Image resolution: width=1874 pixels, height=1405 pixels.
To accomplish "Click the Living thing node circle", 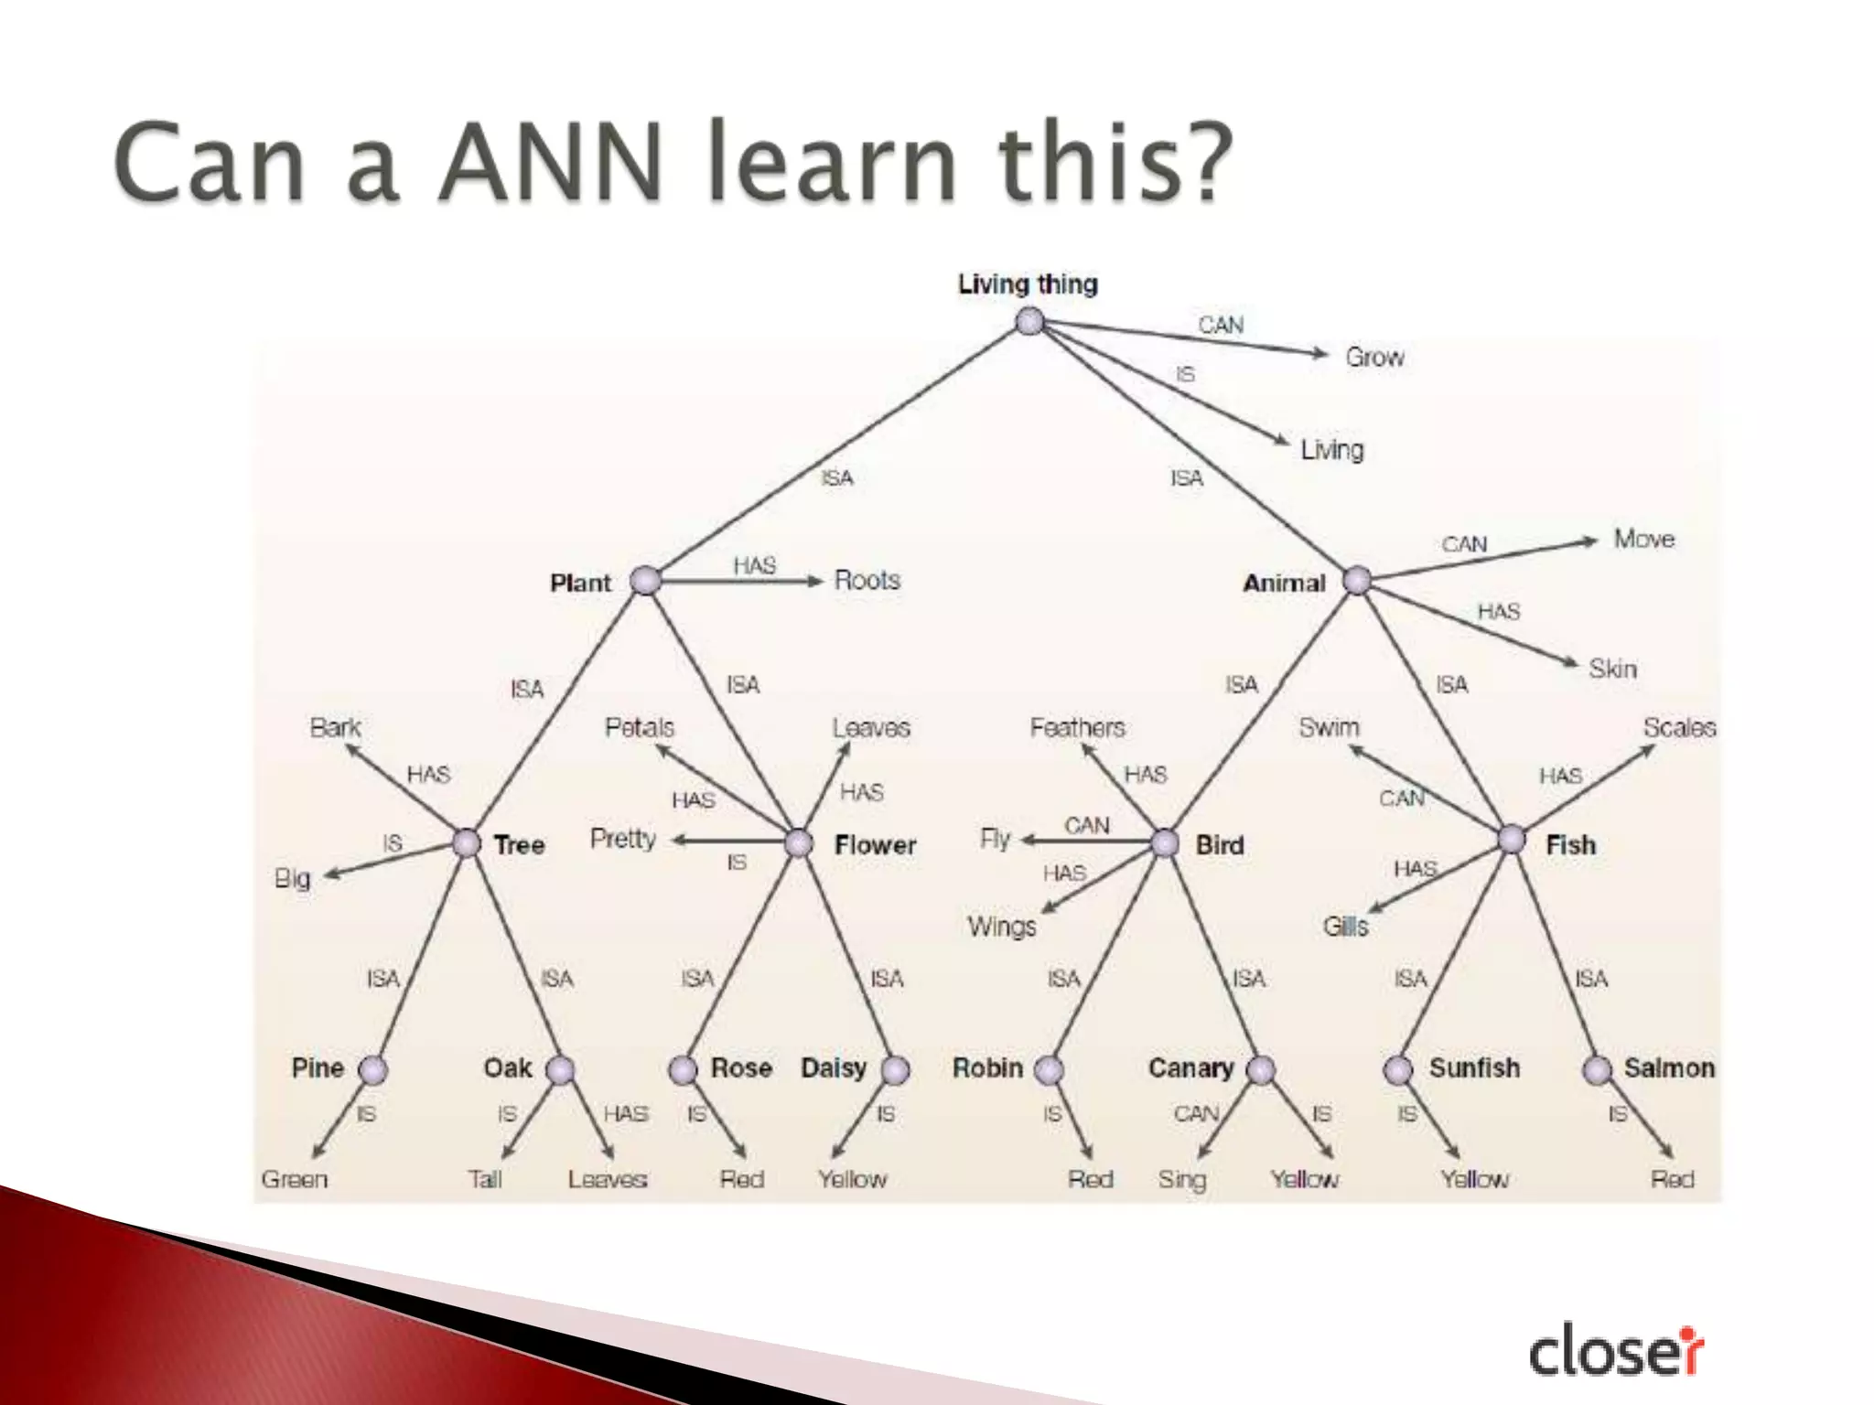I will click(1030, 322).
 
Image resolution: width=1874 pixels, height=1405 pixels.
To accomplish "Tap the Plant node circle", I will click(646, 580).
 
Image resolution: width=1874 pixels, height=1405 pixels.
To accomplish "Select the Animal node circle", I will click(1356, 580).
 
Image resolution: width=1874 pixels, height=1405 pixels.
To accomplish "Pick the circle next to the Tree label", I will click(467, 842).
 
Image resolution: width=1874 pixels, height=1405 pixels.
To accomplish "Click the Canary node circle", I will click(1260, 1069).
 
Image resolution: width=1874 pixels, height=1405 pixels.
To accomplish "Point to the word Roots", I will click(867, 580).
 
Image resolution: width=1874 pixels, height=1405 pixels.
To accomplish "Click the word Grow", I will click(1374, 357).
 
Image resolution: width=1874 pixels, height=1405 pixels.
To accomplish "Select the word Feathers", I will click(1077, 727).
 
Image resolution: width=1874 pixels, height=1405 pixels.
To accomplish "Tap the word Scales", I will click(1679, 727).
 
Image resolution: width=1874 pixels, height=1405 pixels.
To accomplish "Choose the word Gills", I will click(1345, 927).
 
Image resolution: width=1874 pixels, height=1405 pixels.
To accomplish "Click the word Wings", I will click(1002, 927).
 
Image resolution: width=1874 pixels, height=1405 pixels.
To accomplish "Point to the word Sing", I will click(1182, 1179).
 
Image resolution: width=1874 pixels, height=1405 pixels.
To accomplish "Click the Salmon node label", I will click(1669, 1067).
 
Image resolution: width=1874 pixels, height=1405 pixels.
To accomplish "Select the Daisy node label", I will click(833, 1067).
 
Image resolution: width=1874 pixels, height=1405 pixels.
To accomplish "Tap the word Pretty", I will click(623, 839).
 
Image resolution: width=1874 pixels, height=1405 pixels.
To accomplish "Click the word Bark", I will click(335, 727).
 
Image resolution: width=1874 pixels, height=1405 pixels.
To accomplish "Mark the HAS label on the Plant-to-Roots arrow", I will click(754, 566).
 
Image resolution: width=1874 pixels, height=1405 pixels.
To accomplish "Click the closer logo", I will click(1616, 1350).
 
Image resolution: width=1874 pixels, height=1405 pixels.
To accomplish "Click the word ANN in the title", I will click(548, 163).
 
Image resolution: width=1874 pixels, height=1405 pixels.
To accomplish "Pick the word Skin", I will click(1612, 669).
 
